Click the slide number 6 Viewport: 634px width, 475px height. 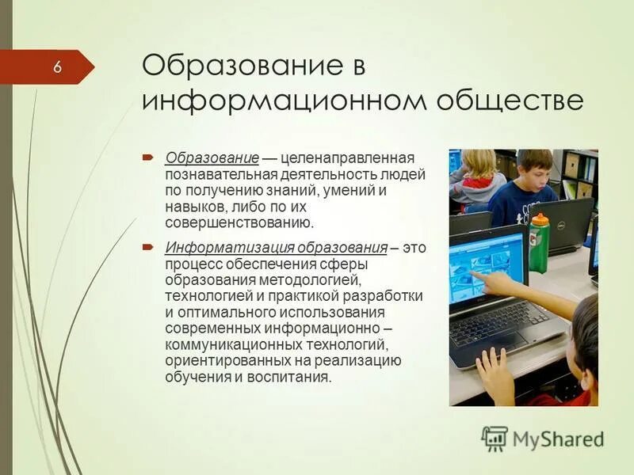[x=57, y=66]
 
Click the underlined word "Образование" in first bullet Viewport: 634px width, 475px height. [x=212, y=158]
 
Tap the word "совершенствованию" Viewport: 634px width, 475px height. [x=239, y=223]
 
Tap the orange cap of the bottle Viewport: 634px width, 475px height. [x=540, y=218]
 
